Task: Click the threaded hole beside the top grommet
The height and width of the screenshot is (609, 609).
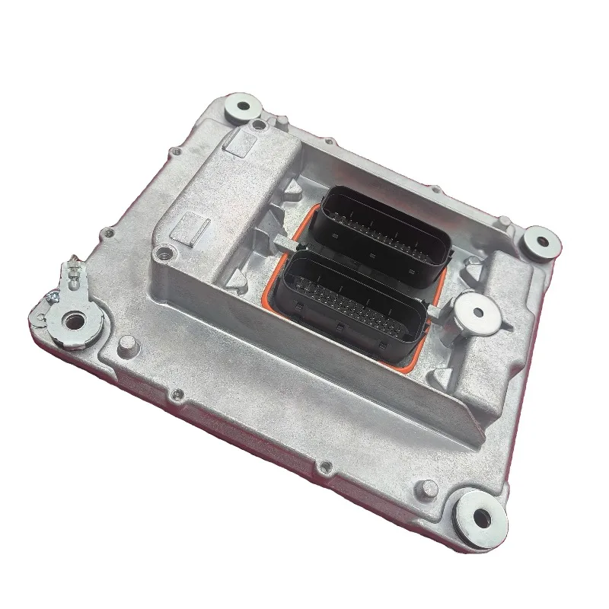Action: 259,123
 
